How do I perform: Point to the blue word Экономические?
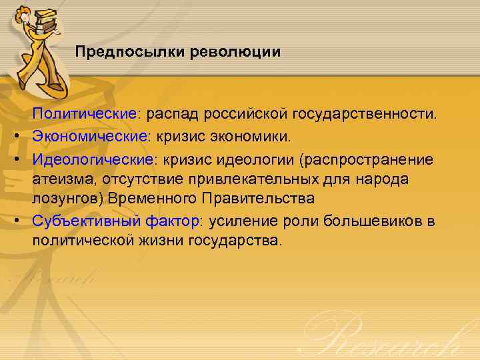pos(90,136)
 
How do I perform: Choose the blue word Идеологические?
pos(93,159)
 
